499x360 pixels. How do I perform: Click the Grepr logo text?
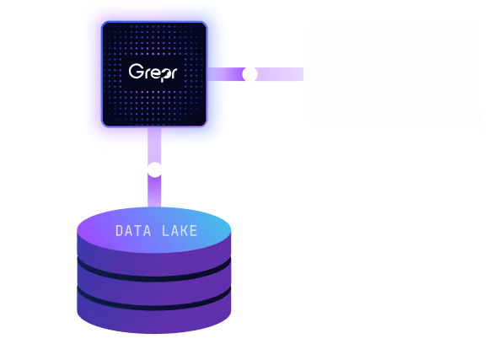pyautogui.click(x=153, y=73)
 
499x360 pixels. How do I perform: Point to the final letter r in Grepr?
pyautogui.click(x=173, y=73)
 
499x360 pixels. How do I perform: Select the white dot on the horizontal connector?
pyautogui.click(x=249, y=74)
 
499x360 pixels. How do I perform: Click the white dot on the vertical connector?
pyautogui.click(x=154, y=169)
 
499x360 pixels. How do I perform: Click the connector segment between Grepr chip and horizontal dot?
pyautogui.click(x=225, y=74)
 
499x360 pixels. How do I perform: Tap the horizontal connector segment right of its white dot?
pyautogui.click(x=280, y=74)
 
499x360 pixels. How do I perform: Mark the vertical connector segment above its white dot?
pyautogui.click(x=154, y=145)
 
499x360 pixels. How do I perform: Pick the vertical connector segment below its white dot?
pyautogui.click(x=154, y=191)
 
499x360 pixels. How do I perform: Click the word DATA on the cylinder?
pyautogui.click(x=133, y=231)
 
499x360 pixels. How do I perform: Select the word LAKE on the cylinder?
pyautogui.click(x=180, y=231)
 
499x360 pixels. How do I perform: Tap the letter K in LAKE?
pyautogui.click(x=184, y=231)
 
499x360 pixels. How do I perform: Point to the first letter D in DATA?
pyautogui.click(x=120, y=231)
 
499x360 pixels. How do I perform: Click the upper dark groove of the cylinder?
pyautogui.click(x=154, y=274)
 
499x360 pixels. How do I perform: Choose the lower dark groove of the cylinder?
pyautogui.click(x=154, y=303)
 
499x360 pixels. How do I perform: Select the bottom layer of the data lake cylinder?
pyautogui.click(x=154, y=320)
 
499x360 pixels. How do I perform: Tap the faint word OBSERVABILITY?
pyautogui.click(x=392, y=63)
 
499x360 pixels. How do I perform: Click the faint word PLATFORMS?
pyautogui.click(x=393, y=84)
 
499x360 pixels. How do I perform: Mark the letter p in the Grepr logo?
pyautogui.click(x=164, y=75)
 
